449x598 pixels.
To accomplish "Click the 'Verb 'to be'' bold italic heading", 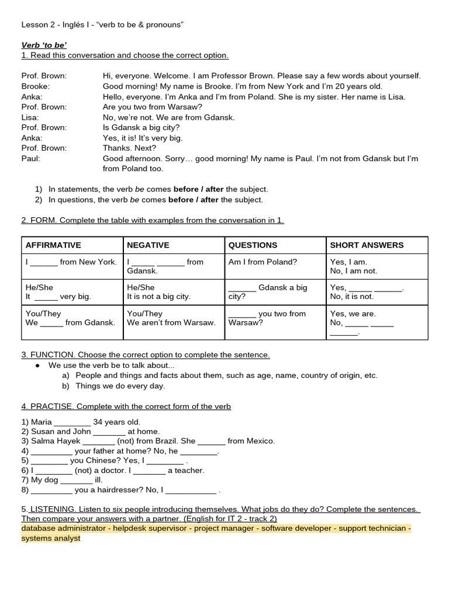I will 44,45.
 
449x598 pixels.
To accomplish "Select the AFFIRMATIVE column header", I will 53,245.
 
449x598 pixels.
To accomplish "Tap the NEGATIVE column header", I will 148,245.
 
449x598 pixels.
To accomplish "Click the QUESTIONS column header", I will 253,245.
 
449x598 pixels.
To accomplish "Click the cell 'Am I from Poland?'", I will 263,262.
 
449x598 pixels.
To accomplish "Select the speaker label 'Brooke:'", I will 35,86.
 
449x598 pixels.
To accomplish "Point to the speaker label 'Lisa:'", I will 30,117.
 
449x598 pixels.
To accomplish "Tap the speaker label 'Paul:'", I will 31,158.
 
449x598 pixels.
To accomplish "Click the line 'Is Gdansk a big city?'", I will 141,127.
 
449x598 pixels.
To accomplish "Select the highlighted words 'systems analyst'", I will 51,538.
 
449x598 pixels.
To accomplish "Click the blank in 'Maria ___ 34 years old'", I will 72,422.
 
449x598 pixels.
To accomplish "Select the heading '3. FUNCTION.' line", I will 146,354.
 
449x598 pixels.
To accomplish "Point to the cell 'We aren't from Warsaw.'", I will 171,322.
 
